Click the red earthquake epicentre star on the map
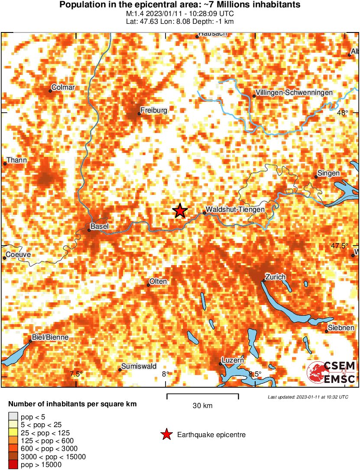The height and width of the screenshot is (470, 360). pos(180,211)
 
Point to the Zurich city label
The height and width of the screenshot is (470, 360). pos(276,277)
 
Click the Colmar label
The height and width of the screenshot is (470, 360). pos(63,88)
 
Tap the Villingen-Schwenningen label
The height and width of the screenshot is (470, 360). pos(294,93)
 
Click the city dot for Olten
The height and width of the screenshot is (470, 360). pos(148,285)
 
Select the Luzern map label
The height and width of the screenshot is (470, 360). pos(233,360)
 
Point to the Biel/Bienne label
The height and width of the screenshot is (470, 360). pos(50,337)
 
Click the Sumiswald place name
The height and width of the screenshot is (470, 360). pos(139,366)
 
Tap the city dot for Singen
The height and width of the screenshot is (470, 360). pos(316,176)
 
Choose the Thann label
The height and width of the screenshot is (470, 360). pos(16,160)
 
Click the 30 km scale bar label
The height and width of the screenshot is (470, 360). pos(202,406)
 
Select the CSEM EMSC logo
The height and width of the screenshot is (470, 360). pos(331,372)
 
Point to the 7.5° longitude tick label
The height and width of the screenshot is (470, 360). pos(76,374)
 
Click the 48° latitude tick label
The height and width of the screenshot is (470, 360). pos(343,113)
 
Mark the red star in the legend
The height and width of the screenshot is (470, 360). pos(165,434)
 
